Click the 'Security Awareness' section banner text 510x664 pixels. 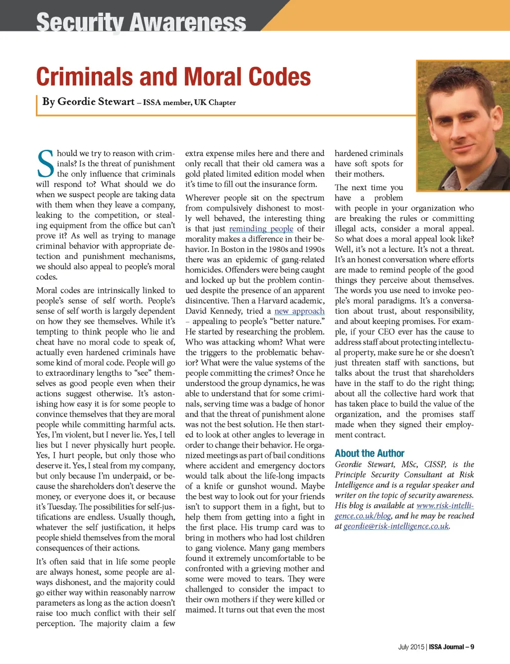tap(141, 22)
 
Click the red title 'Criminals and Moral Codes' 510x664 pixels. tap(173, 77)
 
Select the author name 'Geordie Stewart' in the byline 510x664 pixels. tap(96, 102)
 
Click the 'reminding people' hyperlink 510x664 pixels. tap(261, 228)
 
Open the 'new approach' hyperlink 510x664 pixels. tap(299, 311)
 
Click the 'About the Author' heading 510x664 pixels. tap(369, 453)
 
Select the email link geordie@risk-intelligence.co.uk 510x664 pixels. tap(396, 526)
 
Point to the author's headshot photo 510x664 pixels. tap(463, 125)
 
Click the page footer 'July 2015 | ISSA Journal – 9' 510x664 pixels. tap(436, 647)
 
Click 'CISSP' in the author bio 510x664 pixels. tap(435, 464)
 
